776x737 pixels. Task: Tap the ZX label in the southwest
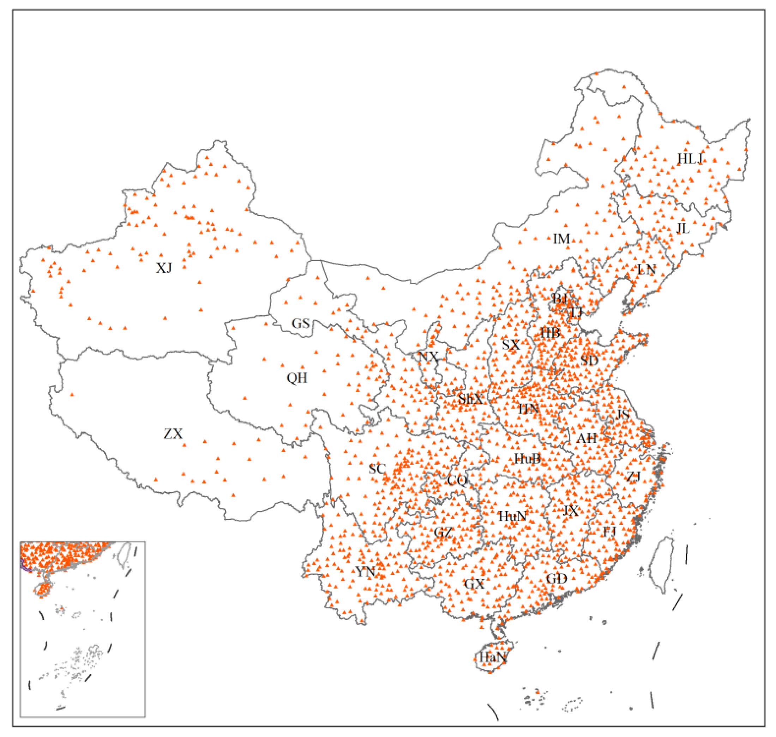point(173,434)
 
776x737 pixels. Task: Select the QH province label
point(297,378)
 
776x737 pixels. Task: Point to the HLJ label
point(690,159)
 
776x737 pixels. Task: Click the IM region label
point(561,238)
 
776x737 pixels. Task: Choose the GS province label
point(301,324)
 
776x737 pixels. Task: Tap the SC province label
point(377,469)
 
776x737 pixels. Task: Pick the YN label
point(365,572)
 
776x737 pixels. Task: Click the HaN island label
point(493,656)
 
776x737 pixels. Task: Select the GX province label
point(474,584)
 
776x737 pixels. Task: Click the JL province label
point(683,228)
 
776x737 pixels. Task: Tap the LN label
point(646,270)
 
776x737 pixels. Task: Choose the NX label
point(428,357)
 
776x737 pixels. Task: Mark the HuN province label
point(512,516)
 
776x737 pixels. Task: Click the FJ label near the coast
point(610,532)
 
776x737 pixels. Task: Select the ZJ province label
point(633,477)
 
